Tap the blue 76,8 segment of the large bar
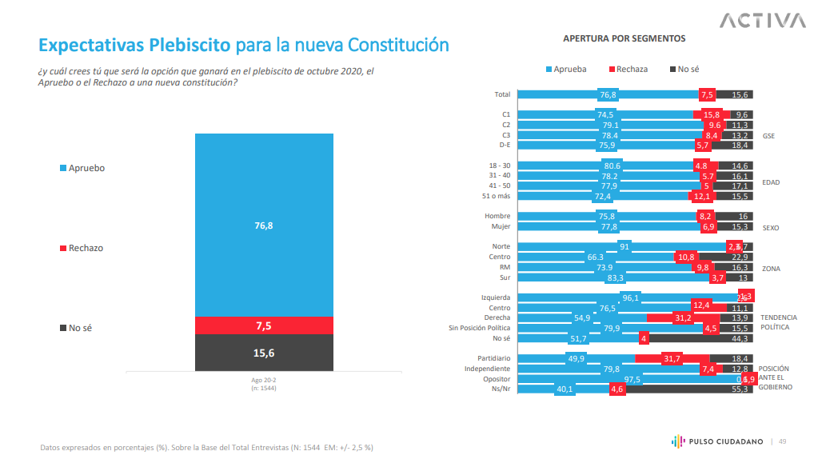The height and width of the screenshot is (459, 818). point(264,226)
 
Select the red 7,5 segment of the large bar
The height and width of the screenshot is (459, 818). point(264,325)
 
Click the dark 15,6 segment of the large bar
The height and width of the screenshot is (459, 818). point(264,353)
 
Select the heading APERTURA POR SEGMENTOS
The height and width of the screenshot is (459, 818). point(624,38)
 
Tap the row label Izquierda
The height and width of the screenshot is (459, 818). point(496,297)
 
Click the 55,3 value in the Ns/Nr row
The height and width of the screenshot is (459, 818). point(740,389)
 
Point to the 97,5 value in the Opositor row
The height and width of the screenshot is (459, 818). point(632,379)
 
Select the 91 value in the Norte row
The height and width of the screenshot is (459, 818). point(624,247)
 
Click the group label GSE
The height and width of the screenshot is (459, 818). point(768,136)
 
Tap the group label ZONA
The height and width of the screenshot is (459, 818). point(771,268)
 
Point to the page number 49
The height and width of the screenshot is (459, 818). point(783,441)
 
